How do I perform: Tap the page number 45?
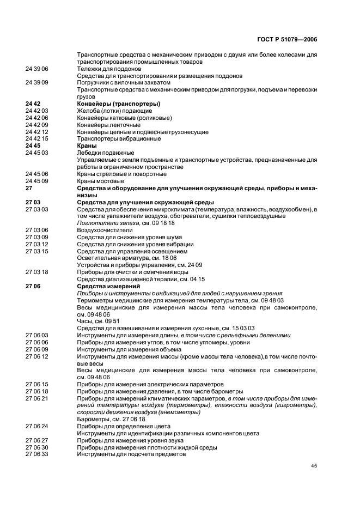314,465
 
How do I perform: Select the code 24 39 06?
37,69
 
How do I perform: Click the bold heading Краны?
87,146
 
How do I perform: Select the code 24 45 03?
37,153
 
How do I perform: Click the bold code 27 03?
33,202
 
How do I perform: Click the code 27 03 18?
37,272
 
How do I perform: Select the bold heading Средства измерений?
109,286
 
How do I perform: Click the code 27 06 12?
37,356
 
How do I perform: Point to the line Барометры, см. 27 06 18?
111,420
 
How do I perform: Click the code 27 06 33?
37,454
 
